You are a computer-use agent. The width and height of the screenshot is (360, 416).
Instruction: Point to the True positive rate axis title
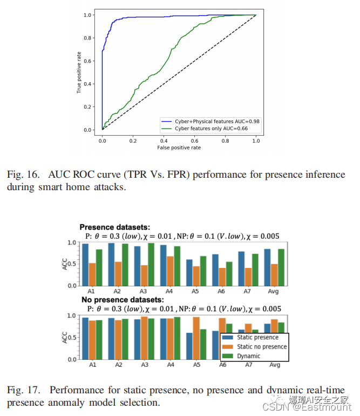click(x=79, y=72)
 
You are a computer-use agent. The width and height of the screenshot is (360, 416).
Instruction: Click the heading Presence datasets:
click(x=114, y=227)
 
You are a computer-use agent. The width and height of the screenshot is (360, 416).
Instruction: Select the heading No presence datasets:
click(x=121, y=299)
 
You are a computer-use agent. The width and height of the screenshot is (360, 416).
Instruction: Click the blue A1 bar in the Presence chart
click(x=85, y=265)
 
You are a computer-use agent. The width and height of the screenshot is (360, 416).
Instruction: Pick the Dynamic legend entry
click(x=248, y=356)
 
